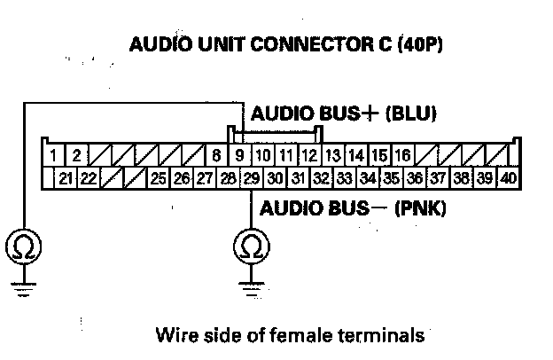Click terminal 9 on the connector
239,156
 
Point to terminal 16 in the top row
401,156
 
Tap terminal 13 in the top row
332,156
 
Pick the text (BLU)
412,115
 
